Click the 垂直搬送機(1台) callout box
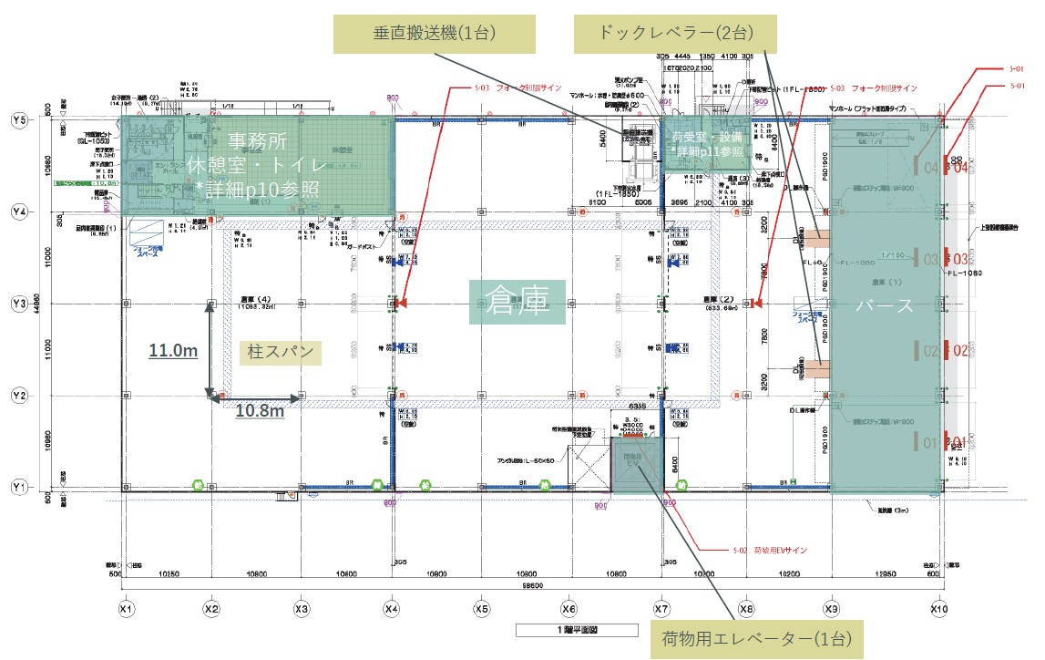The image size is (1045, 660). (x=435, y=34)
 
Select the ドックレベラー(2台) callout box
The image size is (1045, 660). (x=675, y=34)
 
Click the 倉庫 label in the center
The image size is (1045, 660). (x=518, y=302)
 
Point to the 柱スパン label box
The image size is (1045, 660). (x=282, y=352)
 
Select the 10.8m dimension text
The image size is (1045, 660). (x=260, y=411)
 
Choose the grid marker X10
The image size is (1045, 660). (x=939, y=608)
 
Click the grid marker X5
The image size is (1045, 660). (x=482, y=608)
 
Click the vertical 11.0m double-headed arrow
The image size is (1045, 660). (x=210, y=351)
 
